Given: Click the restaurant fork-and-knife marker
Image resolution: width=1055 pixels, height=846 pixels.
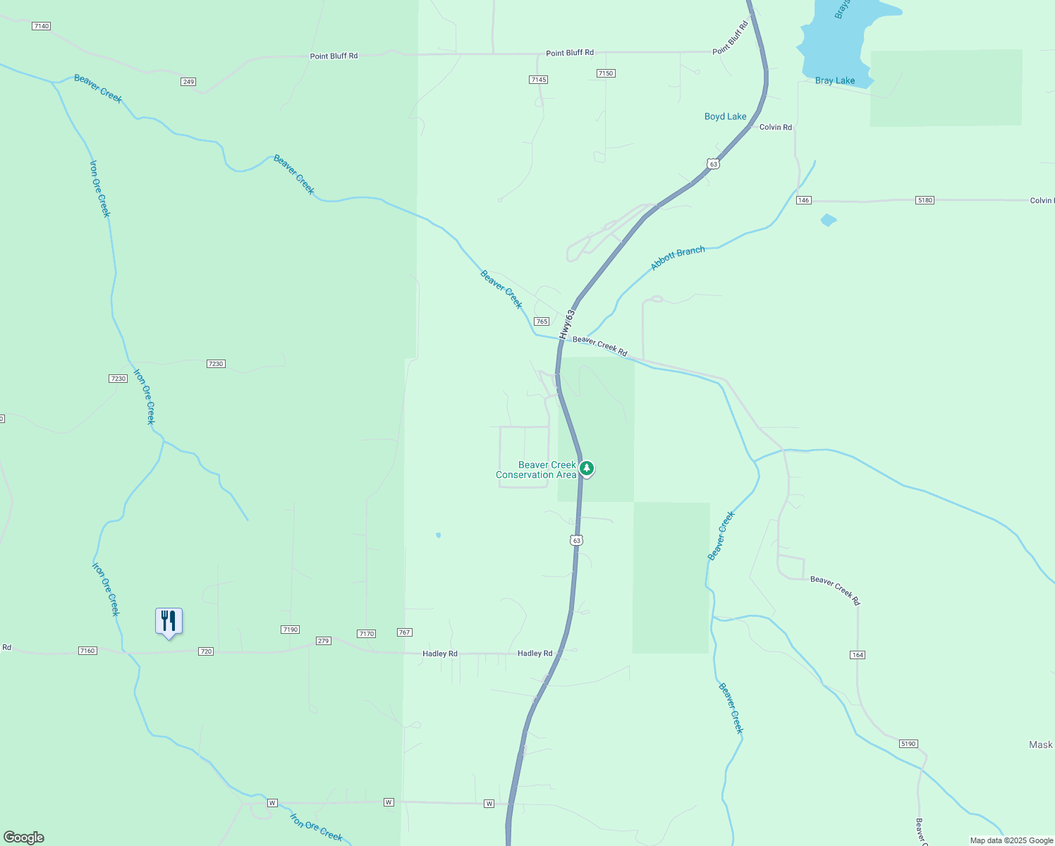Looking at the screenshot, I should pos(169,621).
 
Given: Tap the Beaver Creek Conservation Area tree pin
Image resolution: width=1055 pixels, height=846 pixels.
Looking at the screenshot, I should pos(586,468).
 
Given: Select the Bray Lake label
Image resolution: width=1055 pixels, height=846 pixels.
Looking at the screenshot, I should pos(835,81).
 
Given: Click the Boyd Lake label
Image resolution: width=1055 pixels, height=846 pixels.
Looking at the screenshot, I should pos(725,117).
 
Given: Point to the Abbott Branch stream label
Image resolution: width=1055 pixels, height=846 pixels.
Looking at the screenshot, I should pos(677,259).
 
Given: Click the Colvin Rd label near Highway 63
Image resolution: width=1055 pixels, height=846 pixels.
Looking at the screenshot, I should pos(775,128).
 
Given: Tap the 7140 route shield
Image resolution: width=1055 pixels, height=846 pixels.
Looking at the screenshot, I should pos(42,26).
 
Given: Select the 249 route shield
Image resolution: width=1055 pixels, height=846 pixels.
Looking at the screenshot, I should pos(188,82).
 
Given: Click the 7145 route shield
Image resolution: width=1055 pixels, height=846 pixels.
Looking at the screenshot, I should pos(538,80).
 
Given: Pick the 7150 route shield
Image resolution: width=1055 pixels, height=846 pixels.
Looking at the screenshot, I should pos(606,73).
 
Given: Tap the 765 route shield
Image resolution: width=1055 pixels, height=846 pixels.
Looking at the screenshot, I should pos(541,321).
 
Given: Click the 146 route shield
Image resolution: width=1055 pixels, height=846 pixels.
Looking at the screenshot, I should pos(803,200).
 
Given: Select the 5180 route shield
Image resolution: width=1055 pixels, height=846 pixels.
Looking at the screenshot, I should pos(925,200).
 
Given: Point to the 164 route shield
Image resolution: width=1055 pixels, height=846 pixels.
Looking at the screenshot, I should pos(857,655).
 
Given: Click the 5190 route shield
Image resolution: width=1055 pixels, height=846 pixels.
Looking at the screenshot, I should pos(908,744).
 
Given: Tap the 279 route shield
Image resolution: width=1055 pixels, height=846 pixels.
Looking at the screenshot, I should pos(323,641).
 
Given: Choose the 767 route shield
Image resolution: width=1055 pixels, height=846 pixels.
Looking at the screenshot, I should pos(404,632).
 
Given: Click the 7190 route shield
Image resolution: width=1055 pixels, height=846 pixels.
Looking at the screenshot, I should pos(290,630).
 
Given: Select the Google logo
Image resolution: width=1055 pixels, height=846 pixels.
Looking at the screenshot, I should pos(24,838).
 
